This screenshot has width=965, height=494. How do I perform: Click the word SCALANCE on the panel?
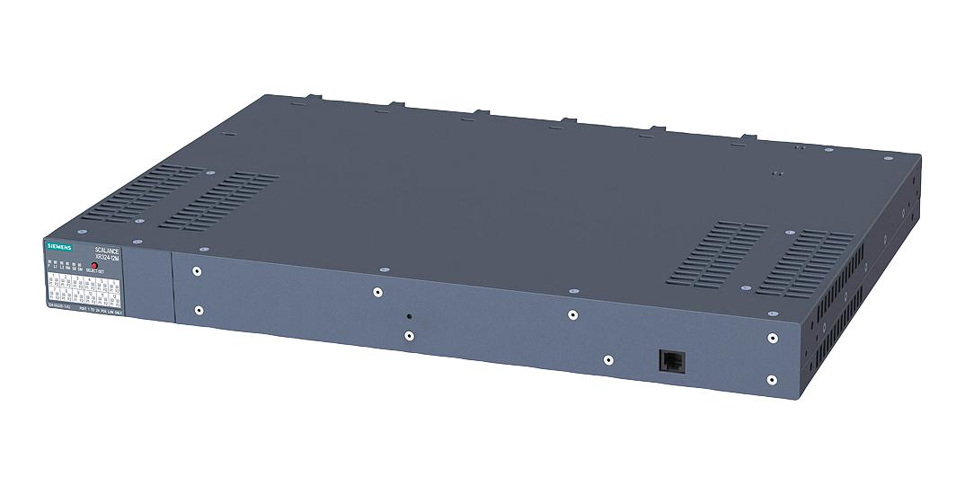[x=108, y=251]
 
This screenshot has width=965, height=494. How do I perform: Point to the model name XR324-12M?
[x=110, y=259]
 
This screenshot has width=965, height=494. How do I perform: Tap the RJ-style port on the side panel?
[x=671, y=358]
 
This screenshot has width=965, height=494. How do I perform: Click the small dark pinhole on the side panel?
[x=409, y=316]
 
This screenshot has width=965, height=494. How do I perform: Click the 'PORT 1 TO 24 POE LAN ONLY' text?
[x=102, y=311]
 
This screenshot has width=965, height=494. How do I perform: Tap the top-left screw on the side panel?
[x=197, y=270]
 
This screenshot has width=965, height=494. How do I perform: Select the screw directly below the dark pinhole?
[x=409, y=336]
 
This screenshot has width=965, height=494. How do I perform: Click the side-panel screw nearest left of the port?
[x=607, y=359]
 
